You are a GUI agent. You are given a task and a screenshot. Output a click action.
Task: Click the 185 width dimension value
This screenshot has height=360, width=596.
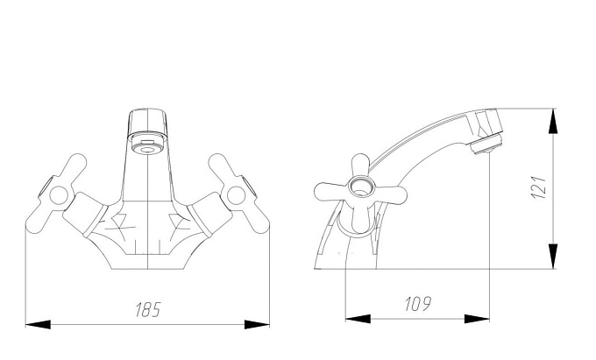click(x=148, y=309)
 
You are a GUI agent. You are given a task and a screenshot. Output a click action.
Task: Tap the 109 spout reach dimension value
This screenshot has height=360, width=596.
click(x=418, y=303)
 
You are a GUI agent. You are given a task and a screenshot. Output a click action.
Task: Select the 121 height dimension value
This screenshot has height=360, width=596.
click(x=539, y=187)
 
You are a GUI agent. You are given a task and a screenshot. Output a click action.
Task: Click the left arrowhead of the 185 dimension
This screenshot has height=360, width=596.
click(x=38, y=325)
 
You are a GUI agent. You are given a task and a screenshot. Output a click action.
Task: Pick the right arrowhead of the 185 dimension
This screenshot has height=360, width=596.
click(x=257, y=325)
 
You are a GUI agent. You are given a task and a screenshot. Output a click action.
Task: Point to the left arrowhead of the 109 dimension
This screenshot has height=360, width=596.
click(x=358, y=319)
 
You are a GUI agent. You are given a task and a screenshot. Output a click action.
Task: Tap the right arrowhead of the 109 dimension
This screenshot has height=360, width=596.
click(x=477, y=319)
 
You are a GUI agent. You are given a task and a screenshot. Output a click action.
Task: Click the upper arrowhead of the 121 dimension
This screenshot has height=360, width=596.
click(x=553, y=121)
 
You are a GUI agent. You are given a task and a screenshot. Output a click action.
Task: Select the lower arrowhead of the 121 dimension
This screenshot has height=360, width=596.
click(x=553, y=257)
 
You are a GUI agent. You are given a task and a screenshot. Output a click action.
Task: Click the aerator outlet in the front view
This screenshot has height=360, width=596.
click(x=147, y=145)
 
